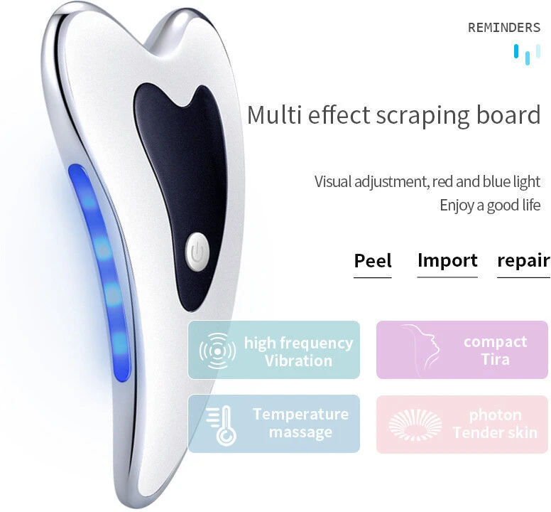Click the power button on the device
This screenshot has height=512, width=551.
[x=197, y=252]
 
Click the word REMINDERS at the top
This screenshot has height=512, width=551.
[x=504, y=28]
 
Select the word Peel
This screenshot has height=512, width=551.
[x=373, y=261]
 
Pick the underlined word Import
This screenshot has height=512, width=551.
[x=447, y=261]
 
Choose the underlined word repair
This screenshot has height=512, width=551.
[x=523, y=261]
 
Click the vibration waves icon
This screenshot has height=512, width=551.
[x=217, y=351]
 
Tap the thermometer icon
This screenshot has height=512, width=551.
[x=222, y=425]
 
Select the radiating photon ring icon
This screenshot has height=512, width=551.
[x=415, y=425]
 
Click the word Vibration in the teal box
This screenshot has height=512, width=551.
[x=298, y=361]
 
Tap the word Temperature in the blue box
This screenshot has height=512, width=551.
[x=301, y=414]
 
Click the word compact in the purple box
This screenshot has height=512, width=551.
[x=495, y=342]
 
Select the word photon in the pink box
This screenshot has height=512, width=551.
[x=495, y=415]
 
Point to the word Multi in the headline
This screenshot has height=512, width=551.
[x=274, y=114]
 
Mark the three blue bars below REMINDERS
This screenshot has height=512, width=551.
[x=527, y=54]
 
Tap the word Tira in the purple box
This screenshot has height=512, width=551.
[x=495, y=360]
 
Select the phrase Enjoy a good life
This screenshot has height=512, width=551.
[x=490, y=205]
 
